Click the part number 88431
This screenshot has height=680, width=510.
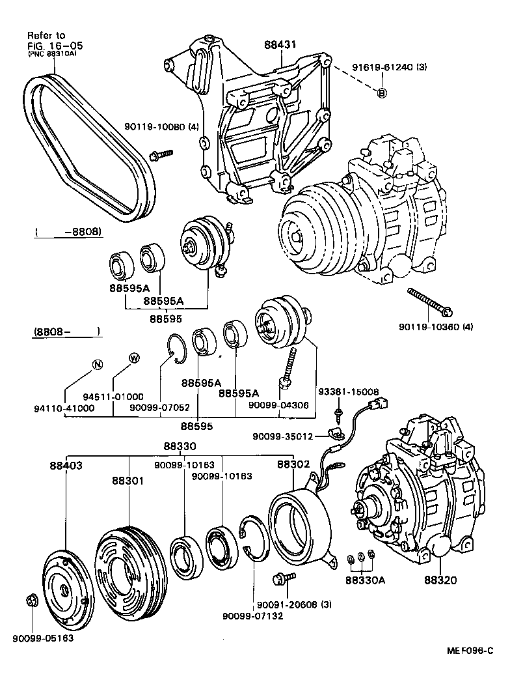point(280,44)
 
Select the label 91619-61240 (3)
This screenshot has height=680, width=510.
point(380,67)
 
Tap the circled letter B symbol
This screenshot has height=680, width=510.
point(382,92)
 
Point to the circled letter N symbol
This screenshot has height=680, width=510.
point(97,364)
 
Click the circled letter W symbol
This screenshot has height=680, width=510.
point(134,358)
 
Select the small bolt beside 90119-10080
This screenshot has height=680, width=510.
point(160,154)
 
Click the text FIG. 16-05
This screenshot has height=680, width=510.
point(55,46)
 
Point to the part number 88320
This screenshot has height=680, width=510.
point(441,579)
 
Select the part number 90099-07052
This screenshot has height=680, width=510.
point(159,407)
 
